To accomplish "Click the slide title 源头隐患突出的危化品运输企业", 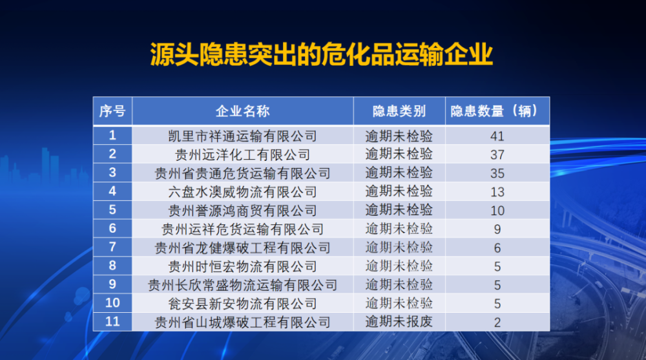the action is pos(321,54).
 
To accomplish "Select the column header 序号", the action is pos(112,111).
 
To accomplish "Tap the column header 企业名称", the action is pos(243,111).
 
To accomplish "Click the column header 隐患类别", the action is pos(399,111).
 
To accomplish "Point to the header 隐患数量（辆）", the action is pos(497,111).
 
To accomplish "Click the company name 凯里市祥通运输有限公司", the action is pos(243,136).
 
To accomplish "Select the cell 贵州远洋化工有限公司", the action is pos(243,154).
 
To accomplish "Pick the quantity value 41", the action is pos(497,136).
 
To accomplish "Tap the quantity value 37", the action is pos(497,154).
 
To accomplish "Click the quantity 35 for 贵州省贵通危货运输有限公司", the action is pos(497,173).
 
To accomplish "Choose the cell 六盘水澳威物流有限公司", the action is pos(243,192).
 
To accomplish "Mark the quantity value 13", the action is pos(497,192).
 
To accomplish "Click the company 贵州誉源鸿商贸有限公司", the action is pos(243,211).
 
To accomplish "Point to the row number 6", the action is pos(112,228).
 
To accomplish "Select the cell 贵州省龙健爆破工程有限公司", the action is pos(243,248).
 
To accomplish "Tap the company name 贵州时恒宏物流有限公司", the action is pos(243,266).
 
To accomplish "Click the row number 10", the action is pos(112,302).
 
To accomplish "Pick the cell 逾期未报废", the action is pos(399,322).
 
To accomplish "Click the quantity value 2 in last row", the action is pos(497,323).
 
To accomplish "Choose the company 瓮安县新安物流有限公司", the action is pos(243,304).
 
